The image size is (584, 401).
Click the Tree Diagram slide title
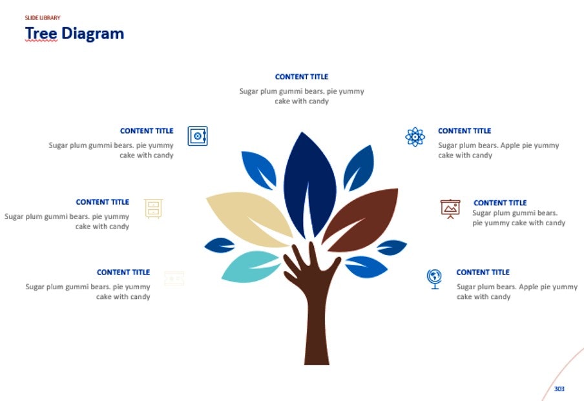[x=74, y=33]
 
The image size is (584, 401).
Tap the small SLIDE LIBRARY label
[x=43, y=18]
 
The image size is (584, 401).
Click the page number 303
[x=559, y=389]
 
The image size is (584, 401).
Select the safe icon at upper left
[x=198, y=136]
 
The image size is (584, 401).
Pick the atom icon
[x=415, y=137]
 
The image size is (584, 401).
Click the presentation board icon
[x=450, y=209]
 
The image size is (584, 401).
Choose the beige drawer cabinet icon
[x=153, y=209]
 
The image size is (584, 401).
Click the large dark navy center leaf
[x=309, y=184]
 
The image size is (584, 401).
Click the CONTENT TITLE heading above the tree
[x=302, y=77]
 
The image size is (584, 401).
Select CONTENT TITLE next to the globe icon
[x=483, y=272]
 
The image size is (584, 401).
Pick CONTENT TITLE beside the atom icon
[x=464, y=131]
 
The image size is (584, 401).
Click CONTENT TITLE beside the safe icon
[x=147, y=131]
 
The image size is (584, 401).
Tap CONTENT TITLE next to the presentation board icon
[x=500, y=203]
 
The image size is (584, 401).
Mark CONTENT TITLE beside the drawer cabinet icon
[x=102, y=202]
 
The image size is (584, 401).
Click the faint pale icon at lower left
[x=174, y=278]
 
